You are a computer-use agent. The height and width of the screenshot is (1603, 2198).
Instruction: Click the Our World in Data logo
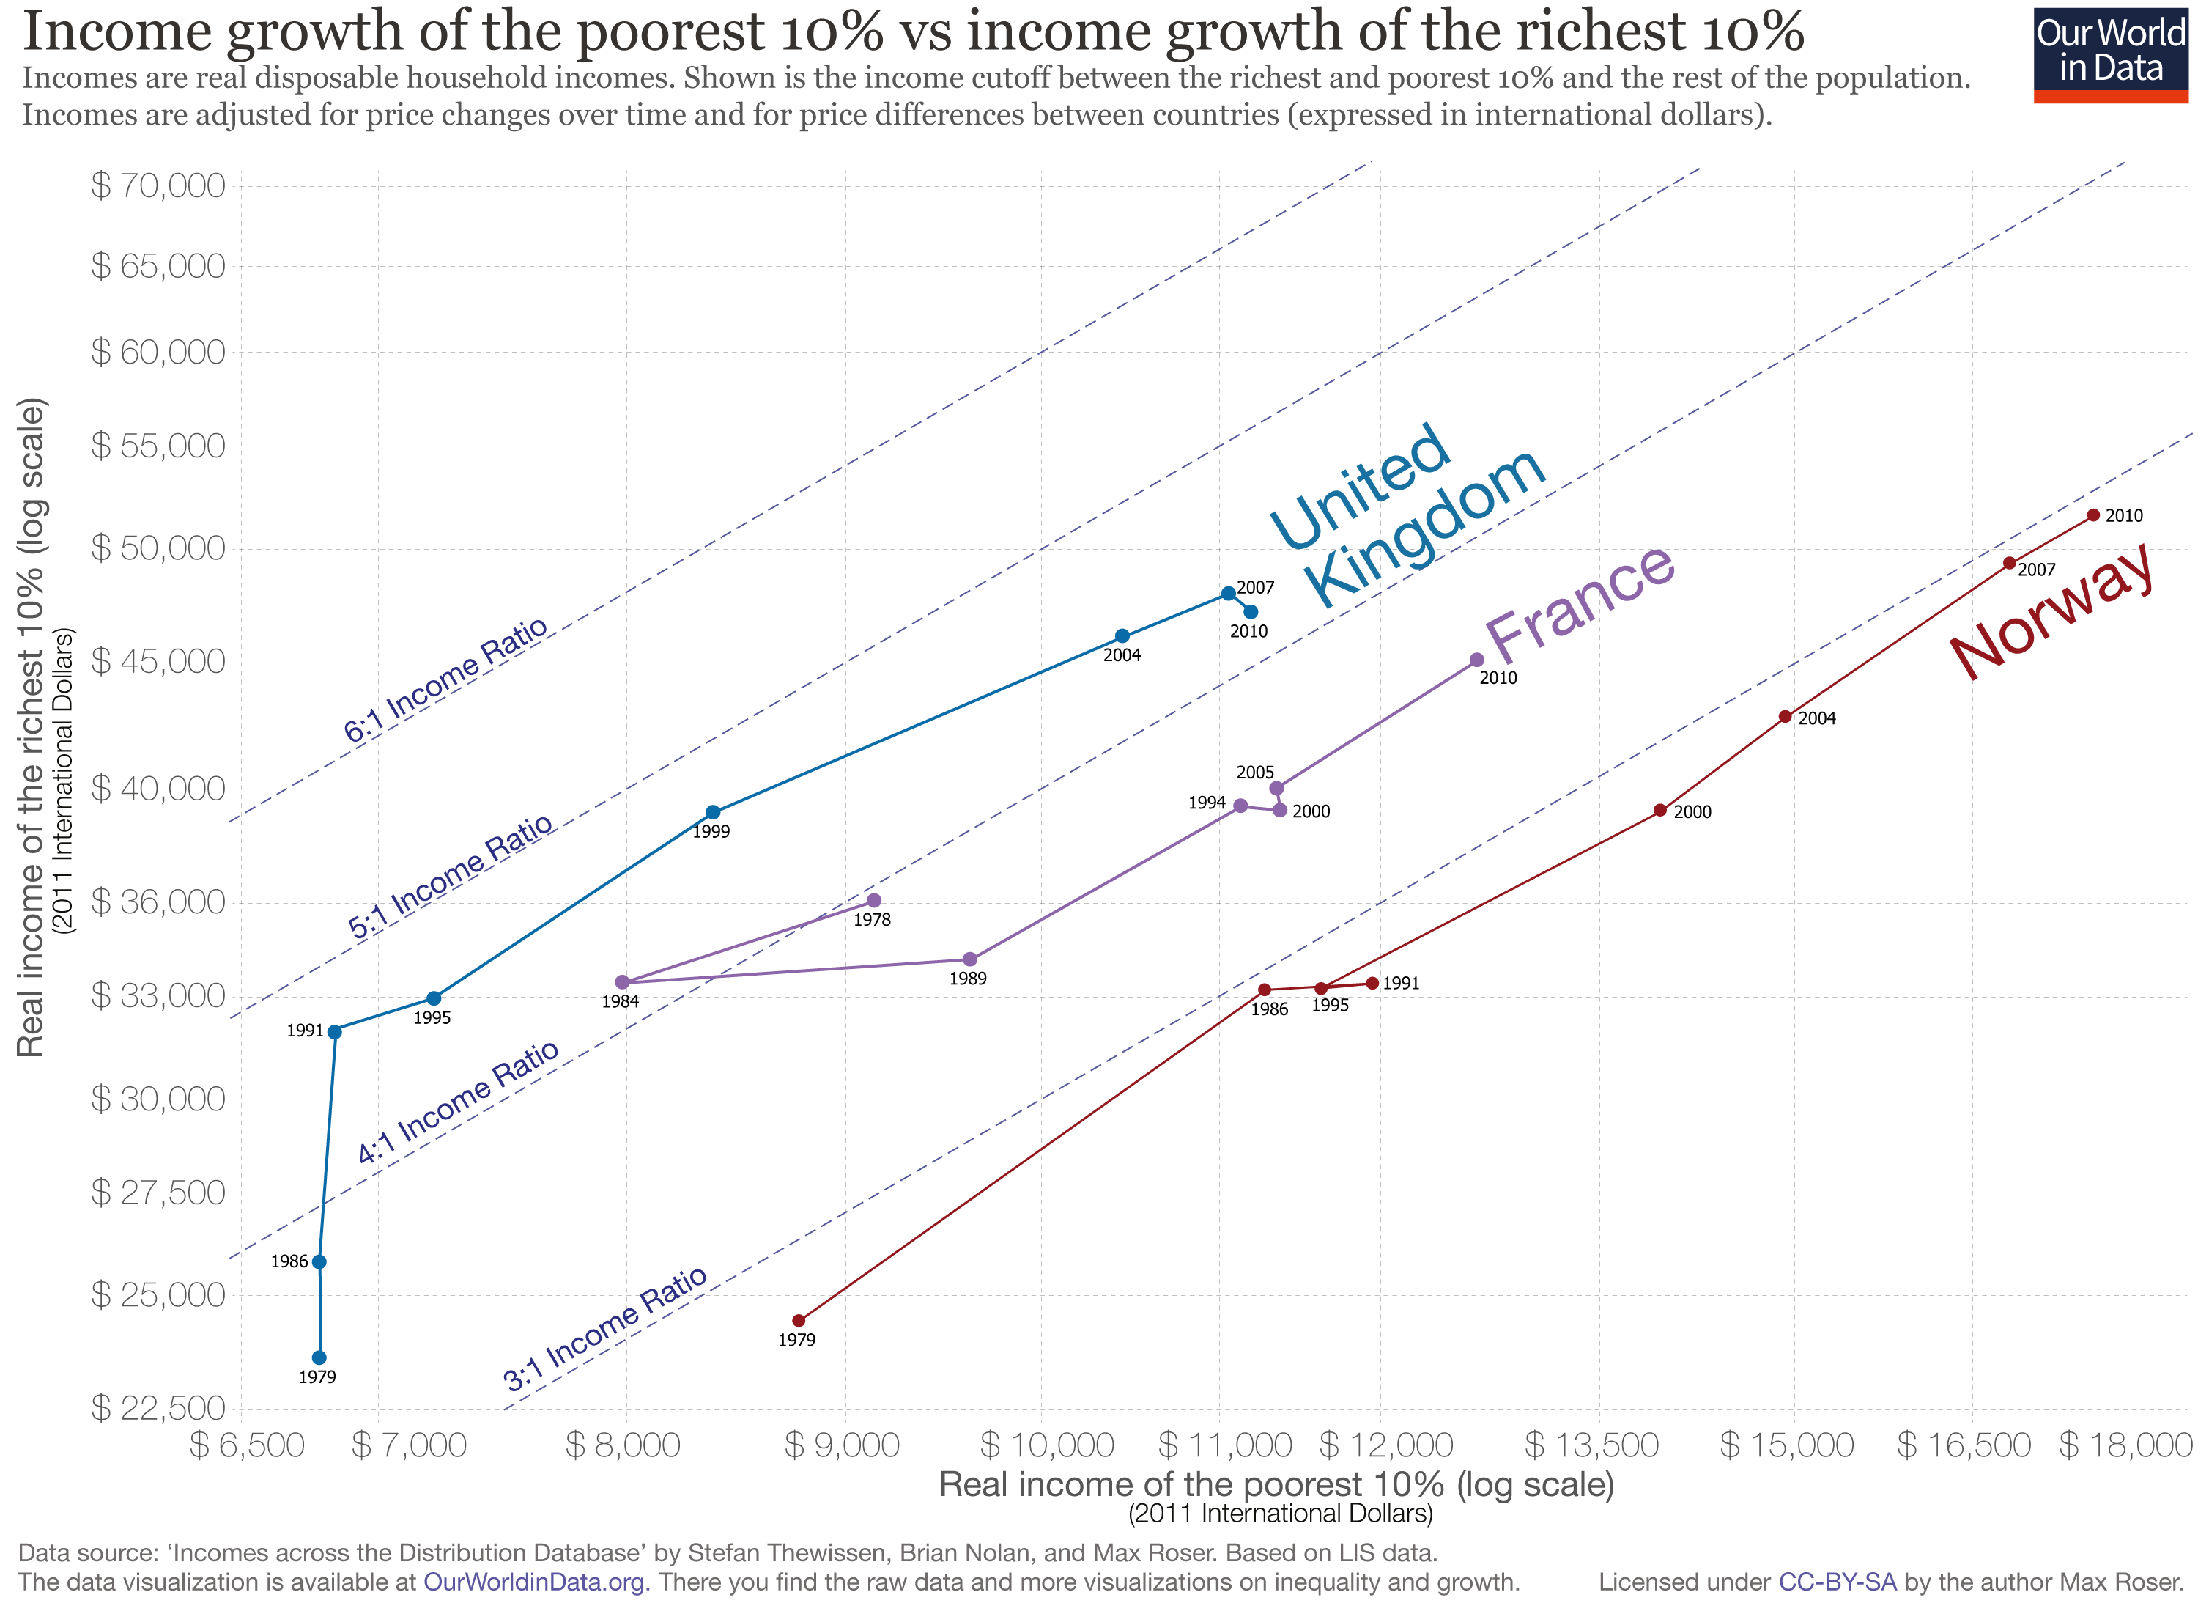[2110, 54]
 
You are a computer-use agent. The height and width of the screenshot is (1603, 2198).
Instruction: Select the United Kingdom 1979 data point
[319, 1357]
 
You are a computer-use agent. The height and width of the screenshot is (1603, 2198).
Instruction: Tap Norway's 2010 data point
[2093, 515]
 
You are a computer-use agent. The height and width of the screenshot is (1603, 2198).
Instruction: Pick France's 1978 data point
[874, 901]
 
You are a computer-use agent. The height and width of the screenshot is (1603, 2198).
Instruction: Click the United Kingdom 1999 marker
[713, 812]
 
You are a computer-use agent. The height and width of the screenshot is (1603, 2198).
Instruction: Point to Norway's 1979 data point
[799, 1321]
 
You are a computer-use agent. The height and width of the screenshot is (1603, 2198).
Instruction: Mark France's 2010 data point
[1476, 660]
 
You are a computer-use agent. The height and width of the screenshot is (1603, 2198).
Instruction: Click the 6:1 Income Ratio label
[446, 680]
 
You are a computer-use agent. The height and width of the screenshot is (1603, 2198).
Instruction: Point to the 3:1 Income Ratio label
[605, 1330]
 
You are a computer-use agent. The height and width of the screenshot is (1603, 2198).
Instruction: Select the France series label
[1579, 600]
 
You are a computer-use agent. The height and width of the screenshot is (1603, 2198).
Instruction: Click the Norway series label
[2051, 613]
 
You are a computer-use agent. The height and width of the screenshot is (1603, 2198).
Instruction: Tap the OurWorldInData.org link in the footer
[533, 1582]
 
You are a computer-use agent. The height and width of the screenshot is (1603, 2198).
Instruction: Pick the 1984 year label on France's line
[620, 1001]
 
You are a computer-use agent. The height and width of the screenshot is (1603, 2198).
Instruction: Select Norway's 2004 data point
[1785, 717]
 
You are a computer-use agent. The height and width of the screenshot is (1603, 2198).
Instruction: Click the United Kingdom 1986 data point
[319, 1261]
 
